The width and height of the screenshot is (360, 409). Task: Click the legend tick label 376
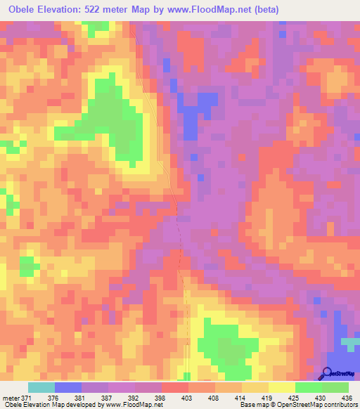click(55, 397)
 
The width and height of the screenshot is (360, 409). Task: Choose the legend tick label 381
click(82, 397)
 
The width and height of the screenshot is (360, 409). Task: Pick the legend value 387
click(108, 397)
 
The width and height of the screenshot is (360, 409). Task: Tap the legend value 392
click(135, 397)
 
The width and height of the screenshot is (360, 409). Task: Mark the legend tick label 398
click(162, 397)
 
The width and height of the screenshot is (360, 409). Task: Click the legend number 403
click(188, 397)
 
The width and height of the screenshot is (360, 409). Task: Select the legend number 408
click(215, 397)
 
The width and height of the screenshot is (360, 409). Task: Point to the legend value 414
click(242, 397)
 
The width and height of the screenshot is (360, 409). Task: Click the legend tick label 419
click(269, 397)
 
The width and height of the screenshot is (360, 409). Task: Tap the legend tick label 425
click(295, 397)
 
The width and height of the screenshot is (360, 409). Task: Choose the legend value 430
click(322, 397)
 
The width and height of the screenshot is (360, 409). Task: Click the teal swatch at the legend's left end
click(41, 387)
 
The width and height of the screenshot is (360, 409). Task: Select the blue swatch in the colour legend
click(68, 387)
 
